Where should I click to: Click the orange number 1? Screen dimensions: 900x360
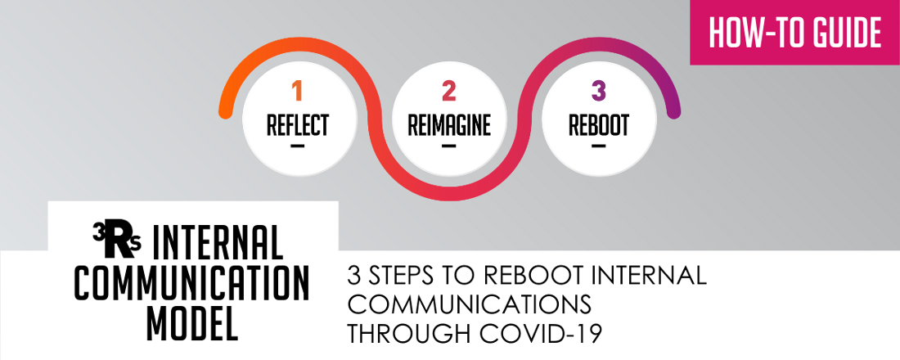tap(297, 91)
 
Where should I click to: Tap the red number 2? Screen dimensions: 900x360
tap(448, 91)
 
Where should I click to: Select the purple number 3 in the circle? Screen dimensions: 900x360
tap(598, 91)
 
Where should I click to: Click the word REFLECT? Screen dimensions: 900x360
tap(298, 125)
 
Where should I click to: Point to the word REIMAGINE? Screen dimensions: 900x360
tap(449, 125)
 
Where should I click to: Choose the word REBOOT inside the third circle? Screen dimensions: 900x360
tap(599, 125)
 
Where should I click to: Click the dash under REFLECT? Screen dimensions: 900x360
tap(297, 146)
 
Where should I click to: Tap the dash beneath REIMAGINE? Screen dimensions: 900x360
tap(448, 146)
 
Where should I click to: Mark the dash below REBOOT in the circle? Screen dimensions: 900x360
tap(598, 146)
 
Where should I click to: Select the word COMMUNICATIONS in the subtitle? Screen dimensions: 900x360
tap(470, 305)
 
